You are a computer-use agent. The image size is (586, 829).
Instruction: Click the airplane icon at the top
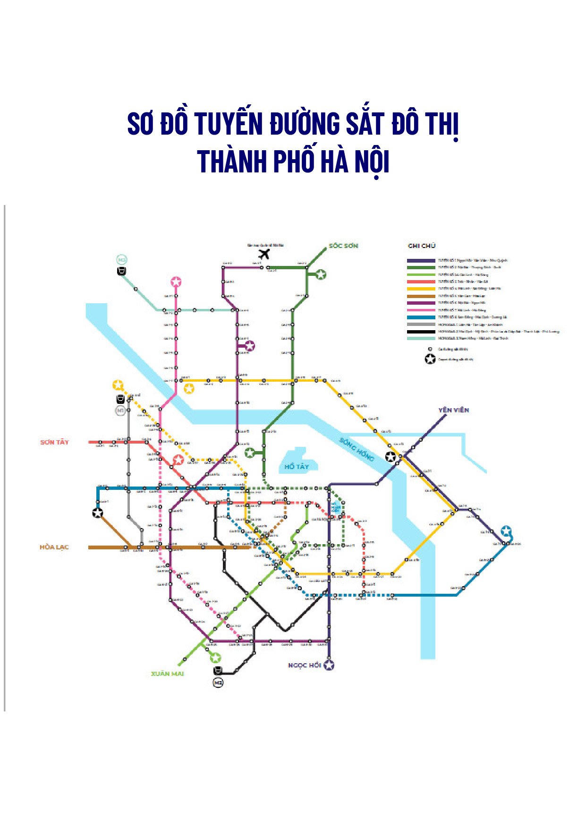point(264,254)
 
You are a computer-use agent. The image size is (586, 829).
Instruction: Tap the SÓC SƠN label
point(343,246)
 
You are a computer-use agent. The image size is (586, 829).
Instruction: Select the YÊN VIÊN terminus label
point(453,410)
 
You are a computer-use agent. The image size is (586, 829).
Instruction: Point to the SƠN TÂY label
point(55,442)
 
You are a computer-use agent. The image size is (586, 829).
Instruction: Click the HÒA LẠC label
point(54,547)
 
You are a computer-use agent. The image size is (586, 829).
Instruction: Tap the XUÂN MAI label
point(167,674)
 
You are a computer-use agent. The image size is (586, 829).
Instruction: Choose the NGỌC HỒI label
point(305,665)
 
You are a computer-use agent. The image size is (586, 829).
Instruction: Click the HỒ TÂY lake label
point(297,467)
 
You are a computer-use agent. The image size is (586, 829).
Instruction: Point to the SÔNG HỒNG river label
point(357,450)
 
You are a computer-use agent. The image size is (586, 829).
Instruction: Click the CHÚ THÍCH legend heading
point(422,246)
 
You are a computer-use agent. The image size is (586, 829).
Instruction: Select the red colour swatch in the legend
point(421,282)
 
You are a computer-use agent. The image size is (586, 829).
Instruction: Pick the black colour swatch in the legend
point(421,332)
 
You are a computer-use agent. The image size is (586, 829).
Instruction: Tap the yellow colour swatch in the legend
point(421,289)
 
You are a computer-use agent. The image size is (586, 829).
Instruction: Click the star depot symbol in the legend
point(430,359)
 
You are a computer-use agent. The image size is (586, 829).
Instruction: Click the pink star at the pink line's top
point(176,282)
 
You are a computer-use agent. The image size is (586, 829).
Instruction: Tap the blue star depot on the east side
point(506,530)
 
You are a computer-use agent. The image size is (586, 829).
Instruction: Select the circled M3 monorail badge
point(122,260)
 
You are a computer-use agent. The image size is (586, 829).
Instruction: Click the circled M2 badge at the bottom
point(218,683)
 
